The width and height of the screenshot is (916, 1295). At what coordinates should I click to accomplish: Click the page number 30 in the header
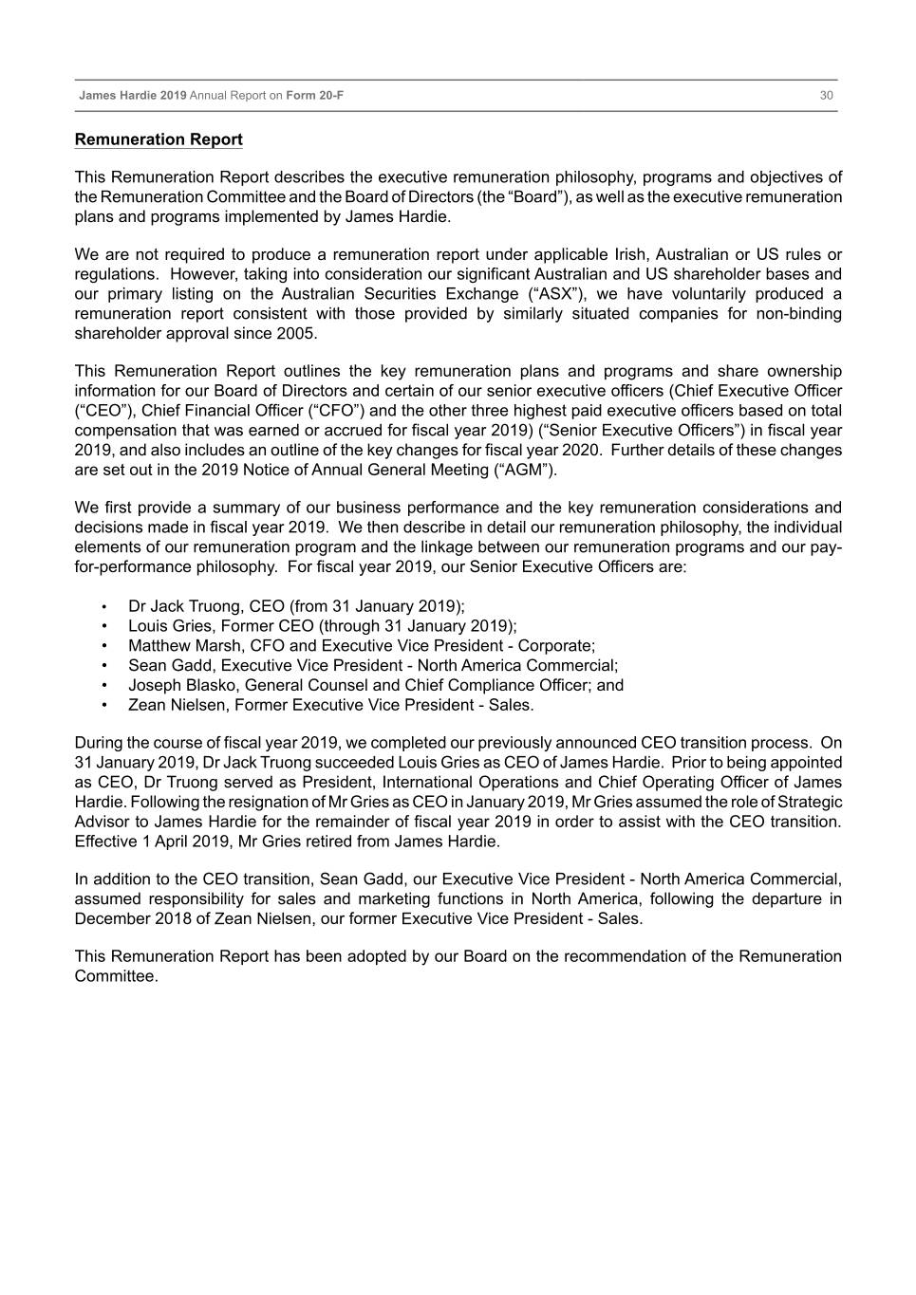coord(826,96)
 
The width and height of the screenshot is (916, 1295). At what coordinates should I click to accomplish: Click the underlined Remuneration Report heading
coord(159,139)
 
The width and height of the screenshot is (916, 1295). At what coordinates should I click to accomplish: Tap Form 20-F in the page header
coord(315,96)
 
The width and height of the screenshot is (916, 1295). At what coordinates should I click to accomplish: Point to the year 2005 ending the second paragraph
coord(297,334)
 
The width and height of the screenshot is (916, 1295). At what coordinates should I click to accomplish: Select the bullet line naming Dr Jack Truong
coord(296,606)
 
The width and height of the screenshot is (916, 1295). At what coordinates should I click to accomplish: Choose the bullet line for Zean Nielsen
coord(330,705)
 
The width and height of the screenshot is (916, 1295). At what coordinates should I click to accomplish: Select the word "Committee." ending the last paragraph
coord(116,976)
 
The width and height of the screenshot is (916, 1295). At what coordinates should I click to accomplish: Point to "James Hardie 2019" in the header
coord(133,96)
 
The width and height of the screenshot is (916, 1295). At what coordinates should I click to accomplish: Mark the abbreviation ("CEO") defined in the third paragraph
coord(103,411)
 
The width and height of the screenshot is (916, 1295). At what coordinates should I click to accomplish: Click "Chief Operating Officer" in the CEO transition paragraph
coord(680,783)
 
